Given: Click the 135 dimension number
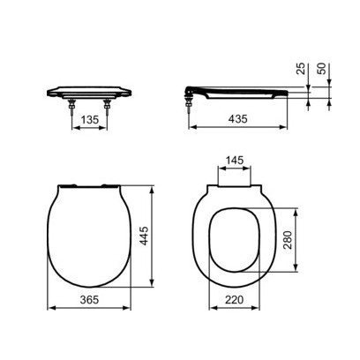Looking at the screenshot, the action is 90,120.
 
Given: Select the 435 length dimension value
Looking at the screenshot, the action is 238,119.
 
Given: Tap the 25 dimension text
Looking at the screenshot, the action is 302,69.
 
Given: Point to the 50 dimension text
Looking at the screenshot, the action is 323,69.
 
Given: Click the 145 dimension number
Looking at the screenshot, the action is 235,161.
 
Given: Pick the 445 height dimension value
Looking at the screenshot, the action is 144,236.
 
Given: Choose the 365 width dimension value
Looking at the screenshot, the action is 89,299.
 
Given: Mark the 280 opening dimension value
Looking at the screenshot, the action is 288,240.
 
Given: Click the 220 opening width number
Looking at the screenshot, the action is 235,300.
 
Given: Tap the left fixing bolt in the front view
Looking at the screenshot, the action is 71,107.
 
